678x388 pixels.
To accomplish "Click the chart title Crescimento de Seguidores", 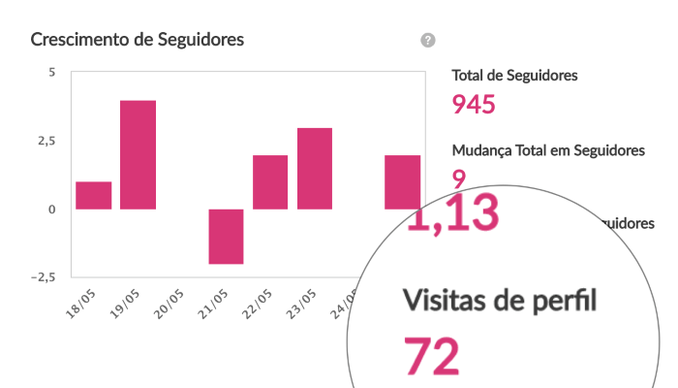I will pyautogui.click(x=137, y=40).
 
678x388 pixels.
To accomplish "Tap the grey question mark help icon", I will pyautogui.click(x=428, y=40).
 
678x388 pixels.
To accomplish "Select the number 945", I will pyautogui.click(x=475, y=104).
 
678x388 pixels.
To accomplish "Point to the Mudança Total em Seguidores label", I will pyautogui.click(x=548, y=150).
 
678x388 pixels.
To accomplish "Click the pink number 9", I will pyautogui.click(x=458, y=177).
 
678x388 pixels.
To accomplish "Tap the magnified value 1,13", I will pyautogui.click(x=452, y=212).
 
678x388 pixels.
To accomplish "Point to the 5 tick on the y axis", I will pyautogui.click(x=51, y=73).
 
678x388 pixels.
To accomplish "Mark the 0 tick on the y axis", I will pyautogui.click(x=51, y=209).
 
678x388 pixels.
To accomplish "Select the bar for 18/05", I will pyautogui.click(x=94, y=195).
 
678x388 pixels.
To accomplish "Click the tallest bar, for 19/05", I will pyautogui.click(x=139, y=154).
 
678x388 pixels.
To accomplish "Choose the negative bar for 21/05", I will pyautogui.click(x=227, y=236).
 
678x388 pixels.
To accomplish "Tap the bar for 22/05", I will pyautogui.click(x=270, y=181).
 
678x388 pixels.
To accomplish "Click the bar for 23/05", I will pyautogui.click(x=315, y=168).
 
